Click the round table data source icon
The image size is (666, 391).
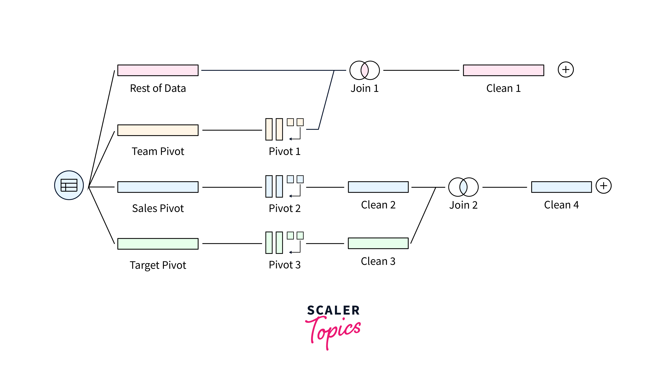[x=69, y=185]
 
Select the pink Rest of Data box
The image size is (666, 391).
[x=158, y=70]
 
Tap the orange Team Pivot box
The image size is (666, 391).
[x=158, y=130]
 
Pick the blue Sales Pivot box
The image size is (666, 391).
[x=158, y=187]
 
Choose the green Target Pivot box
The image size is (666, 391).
[x=158, y=244]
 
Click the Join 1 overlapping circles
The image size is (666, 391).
[x=365, y=70]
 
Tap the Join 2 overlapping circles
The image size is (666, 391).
[x=463, y=187]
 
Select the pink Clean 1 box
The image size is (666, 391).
[x=504, y=70]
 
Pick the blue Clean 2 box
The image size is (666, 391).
[x=378, y=187]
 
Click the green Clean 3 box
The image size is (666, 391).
[x=378, y=243]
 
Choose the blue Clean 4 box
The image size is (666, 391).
[x=561, y=187]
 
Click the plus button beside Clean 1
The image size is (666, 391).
[x=566, y=70]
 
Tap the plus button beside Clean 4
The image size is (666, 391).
[x=603, y=186]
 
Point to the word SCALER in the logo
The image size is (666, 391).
[x=333, y=310]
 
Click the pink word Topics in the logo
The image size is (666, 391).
[x=334, y=330]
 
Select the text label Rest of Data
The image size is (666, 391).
[x=158, y=88]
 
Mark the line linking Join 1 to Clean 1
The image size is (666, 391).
[x=421, y=70]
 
